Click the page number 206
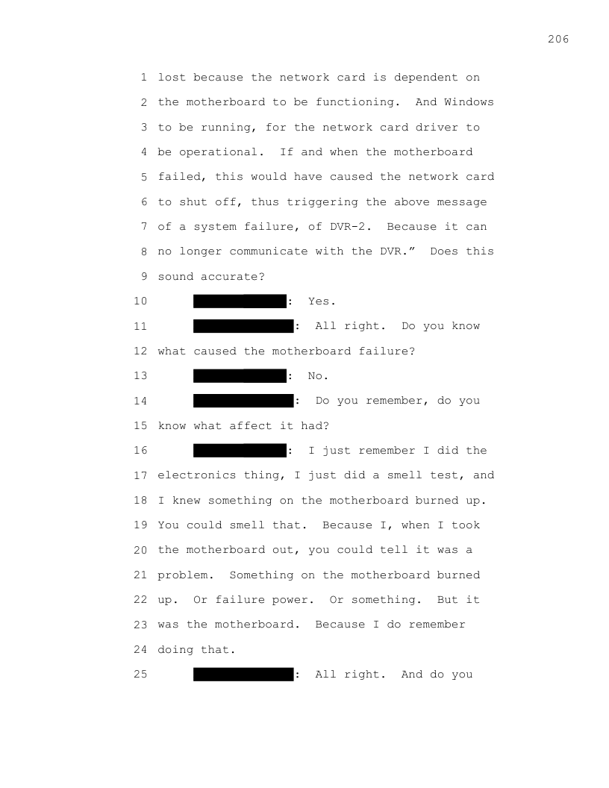558,40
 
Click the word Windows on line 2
469,102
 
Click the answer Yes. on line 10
322,301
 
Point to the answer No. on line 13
318,376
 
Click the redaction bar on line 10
240,301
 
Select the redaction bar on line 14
243,401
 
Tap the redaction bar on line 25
243,675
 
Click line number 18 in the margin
140,501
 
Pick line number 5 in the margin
144,177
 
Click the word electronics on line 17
196,475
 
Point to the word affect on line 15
250,425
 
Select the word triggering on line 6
322,202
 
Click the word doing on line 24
175,650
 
